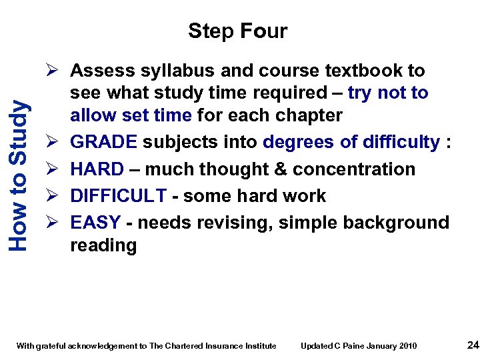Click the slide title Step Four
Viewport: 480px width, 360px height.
tap(237, 31)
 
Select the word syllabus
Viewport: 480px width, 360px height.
tap(163, 71)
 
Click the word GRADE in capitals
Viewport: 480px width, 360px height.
tap(103, 142)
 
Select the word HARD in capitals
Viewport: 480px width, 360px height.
tap(97, 169)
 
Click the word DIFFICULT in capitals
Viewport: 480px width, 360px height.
tap(118, 195)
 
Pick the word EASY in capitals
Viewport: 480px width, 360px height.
tap(95, 222)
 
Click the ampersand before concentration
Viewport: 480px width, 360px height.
tap(287, 169)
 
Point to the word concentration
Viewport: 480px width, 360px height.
tap(358, 169)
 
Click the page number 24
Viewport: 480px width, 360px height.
tap(473, 345)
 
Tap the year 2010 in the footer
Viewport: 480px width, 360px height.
tap(408, 346)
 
